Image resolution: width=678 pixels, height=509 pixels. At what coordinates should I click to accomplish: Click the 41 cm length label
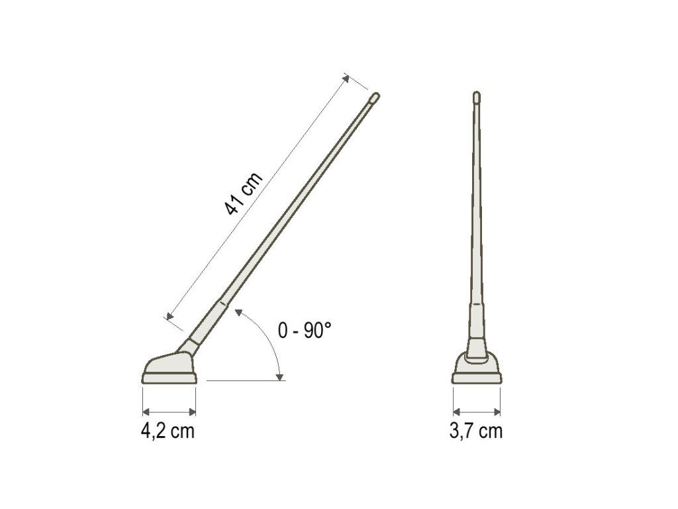click(x=244, y=194)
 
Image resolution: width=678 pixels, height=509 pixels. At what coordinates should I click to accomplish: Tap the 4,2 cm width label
click(x=168, y=431)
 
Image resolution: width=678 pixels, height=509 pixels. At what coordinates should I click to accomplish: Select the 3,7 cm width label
click(x=476, y=431)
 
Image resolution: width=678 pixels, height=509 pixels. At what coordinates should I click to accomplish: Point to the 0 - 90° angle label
click(x=305, y=331)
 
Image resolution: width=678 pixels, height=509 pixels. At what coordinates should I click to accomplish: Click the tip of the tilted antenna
click(x=376, y=94)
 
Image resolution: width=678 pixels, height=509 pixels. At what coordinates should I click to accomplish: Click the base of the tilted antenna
click(x=169, y=368)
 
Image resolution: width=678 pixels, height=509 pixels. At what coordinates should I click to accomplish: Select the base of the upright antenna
click(x=477, y=368)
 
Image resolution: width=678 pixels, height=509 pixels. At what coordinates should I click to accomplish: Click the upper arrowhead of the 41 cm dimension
click(x=345, y=78)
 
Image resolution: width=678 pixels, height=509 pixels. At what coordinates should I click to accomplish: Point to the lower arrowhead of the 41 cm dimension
click(x=169, y=315)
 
